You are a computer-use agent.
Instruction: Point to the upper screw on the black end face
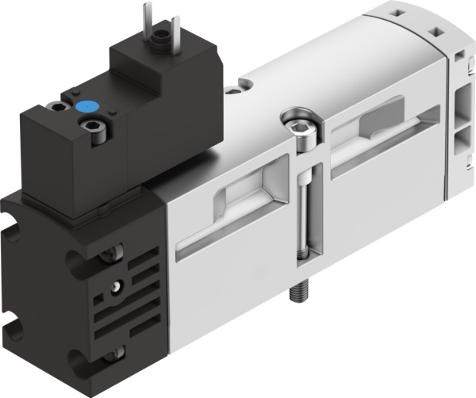113,255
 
